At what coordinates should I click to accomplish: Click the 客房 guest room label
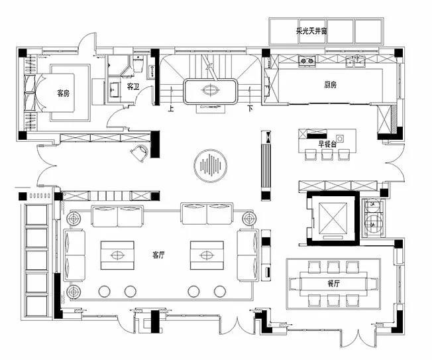tap(63, 93)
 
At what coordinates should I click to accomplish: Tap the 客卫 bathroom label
tap(133, 87)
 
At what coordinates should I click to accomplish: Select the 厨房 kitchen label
tap(330, 85)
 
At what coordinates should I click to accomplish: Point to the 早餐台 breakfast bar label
tap(327, 144)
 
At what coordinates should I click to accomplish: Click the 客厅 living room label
tap(158, 255)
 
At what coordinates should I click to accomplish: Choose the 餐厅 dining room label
tap(334, 283)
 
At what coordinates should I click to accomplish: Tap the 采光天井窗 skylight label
tap(311, 31)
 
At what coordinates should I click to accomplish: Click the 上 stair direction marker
tap(171, 109)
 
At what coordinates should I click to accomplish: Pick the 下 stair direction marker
tap(250, 108)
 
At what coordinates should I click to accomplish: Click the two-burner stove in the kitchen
tap(307, 60)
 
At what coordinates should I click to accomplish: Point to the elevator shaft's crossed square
tap(333, 217)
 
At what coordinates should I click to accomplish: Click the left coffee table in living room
tap(117, 255)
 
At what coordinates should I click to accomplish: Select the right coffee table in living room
tap(207, 255)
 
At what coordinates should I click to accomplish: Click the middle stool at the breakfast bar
tap(327, 154)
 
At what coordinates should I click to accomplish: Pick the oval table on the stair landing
tap(211, 90)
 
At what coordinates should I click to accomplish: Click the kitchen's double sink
tap(356, 61)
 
